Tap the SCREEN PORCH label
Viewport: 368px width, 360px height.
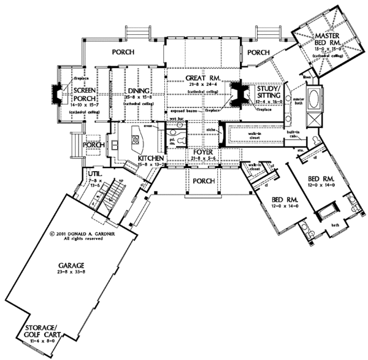(82, 93)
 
